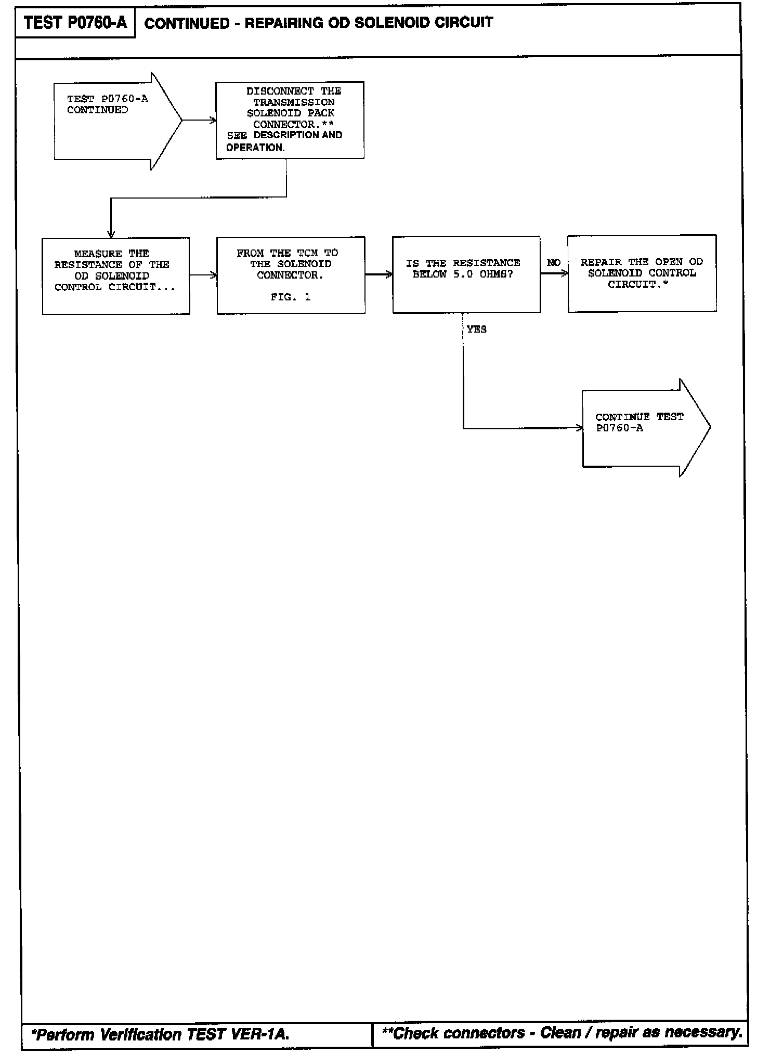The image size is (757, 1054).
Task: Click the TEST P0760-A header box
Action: [x=75, y=23]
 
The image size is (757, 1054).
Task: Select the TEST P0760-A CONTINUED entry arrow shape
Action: [x=114, y=121]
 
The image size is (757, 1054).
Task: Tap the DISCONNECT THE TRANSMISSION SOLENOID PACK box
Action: [x=290, y=120]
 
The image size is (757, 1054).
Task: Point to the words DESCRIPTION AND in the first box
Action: [x=298, y=135]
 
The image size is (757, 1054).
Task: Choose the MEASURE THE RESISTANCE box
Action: [x=115, y=276]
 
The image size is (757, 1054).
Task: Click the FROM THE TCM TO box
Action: [x=291, y=275]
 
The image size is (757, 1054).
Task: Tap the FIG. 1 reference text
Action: [x=291, y=297]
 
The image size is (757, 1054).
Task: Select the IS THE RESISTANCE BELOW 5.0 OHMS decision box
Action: [x=466, y=274]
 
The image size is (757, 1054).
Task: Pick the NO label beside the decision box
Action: [x=553, y=263]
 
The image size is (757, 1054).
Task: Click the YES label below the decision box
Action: [x=476, y=330]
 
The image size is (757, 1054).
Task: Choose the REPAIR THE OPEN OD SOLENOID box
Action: [x=642, y=273]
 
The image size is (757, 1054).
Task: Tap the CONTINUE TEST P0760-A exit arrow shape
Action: [x=645, y=428]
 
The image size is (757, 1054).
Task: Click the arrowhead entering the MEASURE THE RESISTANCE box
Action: [x=111, y=234]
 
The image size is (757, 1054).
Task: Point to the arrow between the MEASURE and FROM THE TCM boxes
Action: [x=203, y=275]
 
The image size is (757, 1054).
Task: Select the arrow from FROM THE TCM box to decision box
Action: [x=379, y=274]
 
